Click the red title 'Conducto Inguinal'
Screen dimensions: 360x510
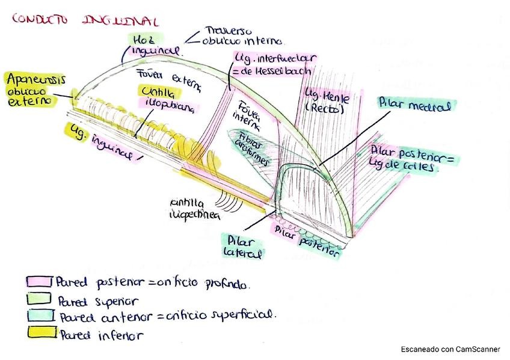(84, 20)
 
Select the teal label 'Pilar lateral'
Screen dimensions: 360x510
(241, 246)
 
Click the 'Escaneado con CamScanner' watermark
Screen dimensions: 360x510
(450, 349)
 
